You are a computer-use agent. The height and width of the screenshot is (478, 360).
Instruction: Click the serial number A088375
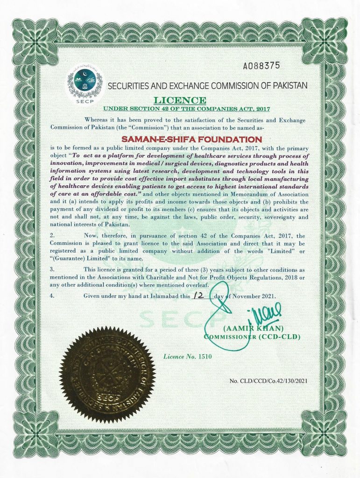(x=261, y=66)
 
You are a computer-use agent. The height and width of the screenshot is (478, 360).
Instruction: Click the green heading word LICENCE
(x=180, y=100)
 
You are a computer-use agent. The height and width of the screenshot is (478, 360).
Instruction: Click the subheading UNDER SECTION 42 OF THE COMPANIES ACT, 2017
(x=180, y=109)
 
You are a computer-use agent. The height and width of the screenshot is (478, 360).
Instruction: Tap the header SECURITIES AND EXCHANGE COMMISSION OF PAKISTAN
(x=208, y=86)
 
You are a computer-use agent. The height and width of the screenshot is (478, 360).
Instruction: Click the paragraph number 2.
(x=52, y=235)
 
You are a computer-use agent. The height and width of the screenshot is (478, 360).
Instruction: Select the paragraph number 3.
(x=52, y=269)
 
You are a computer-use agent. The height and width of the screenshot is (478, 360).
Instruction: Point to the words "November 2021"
(x=255, y=296)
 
